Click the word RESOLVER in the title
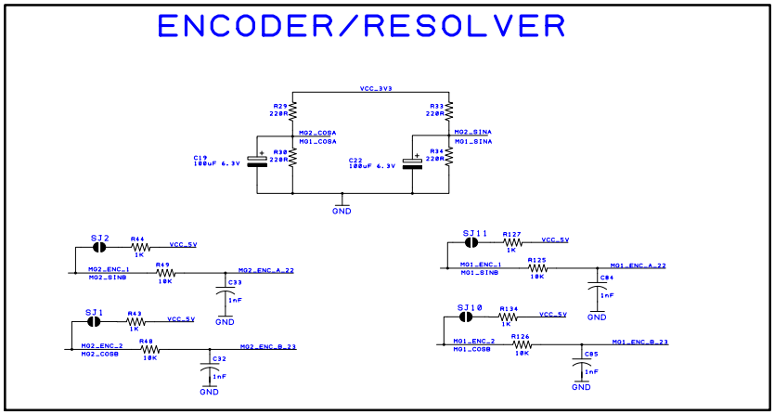(464, 26)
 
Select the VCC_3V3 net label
(376, 89)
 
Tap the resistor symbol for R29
(292, 111)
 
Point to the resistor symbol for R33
(449, 111)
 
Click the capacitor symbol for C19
(262, 159)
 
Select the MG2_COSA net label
(317, 133)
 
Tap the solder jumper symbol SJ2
(99, 248)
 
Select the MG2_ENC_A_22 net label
(266, 270)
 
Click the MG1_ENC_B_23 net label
(639, 342)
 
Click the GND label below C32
(209, 392)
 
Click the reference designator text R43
(134, 314)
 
